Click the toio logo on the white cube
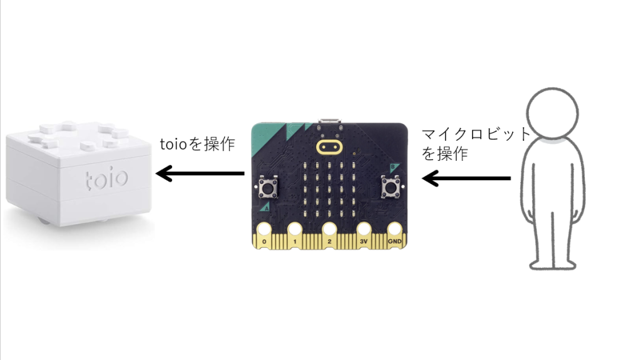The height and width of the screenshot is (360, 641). click(x=106, y=179)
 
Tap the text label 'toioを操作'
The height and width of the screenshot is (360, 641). click(x=197, y=144)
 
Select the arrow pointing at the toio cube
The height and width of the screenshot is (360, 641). click(x=200, y=173)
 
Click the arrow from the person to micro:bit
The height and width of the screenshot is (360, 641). click(x=466, y=178)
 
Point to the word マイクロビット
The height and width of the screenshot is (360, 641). click(x=476, y=134)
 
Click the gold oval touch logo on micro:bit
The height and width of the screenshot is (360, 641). click(x=329, y=147)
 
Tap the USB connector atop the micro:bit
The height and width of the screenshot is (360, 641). click(x=329, y=121)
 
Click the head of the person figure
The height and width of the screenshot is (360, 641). click(x=552, y=113)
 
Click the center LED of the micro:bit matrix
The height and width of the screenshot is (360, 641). click(x=329, y=190)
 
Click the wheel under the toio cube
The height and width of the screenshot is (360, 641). click(x=43, y=222)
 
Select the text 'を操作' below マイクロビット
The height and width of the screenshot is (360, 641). click(x=445, y=154)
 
